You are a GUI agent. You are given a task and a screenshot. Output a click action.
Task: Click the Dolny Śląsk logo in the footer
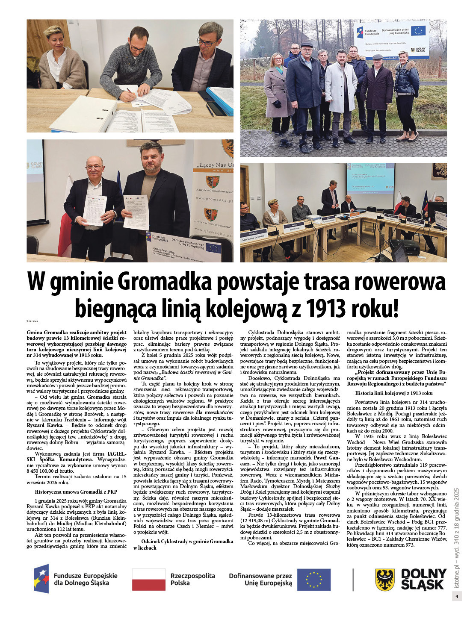[411, 580]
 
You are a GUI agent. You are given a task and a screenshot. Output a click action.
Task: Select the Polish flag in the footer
[148, 580]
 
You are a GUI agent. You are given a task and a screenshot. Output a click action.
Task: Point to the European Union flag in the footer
[313, 580]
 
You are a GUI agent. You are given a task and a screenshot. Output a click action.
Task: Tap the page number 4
[457, 596]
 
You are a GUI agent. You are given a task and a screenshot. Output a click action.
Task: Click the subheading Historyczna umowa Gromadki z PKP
[76, 492]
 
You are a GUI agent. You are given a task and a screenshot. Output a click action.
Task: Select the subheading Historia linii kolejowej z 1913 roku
[394, 393]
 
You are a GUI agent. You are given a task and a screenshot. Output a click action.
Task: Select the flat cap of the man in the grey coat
[307, 45]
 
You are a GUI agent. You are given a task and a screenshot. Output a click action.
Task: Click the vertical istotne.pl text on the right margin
[456, 539]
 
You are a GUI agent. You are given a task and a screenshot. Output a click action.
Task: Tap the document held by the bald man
[95, 210]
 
